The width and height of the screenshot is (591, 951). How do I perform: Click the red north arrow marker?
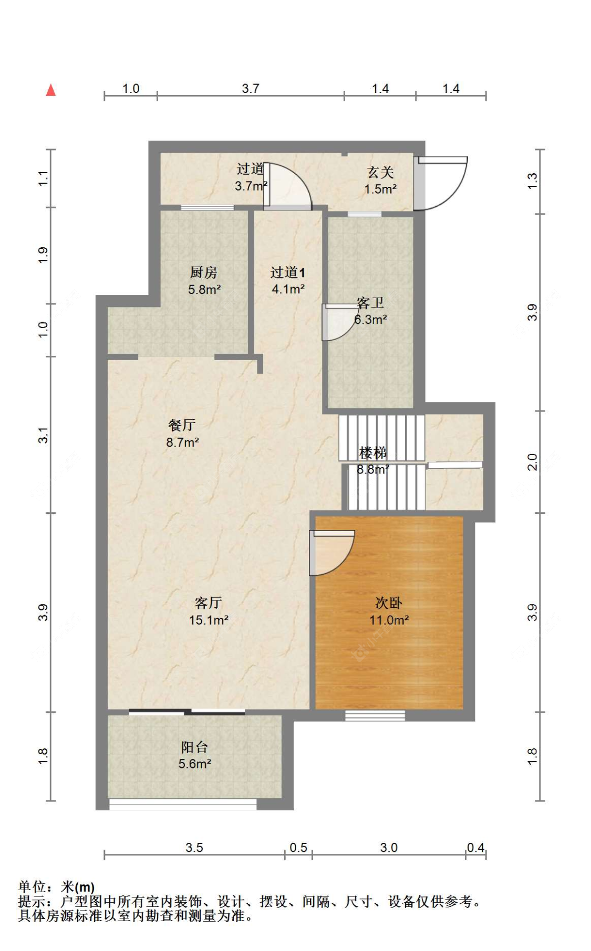tap(51, 90)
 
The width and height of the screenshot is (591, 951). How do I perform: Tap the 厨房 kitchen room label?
tap(203, 272)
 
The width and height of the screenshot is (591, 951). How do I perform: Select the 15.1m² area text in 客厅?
tap(209, 620)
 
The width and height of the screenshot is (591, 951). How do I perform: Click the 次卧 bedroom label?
tap(389, 603)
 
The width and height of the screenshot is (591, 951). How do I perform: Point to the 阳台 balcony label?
tap(194, 747)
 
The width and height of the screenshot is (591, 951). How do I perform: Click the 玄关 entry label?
tap(380, 172)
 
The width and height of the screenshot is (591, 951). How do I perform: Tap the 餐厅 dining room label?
tap(182, 425)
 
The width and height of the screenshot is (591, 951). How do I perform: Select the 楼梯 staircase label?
tap(372, 452)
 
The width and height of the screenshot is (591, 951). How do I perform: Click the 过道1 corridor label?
tap(287, 272)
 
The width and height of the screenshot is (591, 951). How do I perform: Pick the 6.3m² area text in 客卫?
tap(370, 320)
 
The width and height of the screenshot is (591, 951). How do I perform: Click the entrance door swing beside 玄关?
tap(444, 183)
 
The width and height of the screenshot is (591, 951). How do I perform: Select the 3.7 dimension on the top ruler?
tap(251, 88)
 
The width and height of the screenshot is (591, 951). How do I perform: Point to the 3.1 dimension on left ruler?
tap(43, 435)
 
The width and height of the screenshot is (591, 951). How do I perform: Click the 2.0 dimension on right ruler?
tap(532, 462)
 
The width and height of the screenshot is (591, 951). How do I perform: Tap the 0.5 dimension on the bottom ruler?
tap(298, 848)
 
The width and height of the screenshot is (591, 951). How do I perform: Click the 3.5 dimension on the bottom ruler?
tap(194, 848)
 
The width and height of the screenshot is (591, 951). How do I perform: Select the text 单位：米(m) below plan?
tap(56, 887)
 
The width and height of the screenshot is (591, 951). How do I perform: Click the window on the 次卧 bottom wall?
tap(375, 715)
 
